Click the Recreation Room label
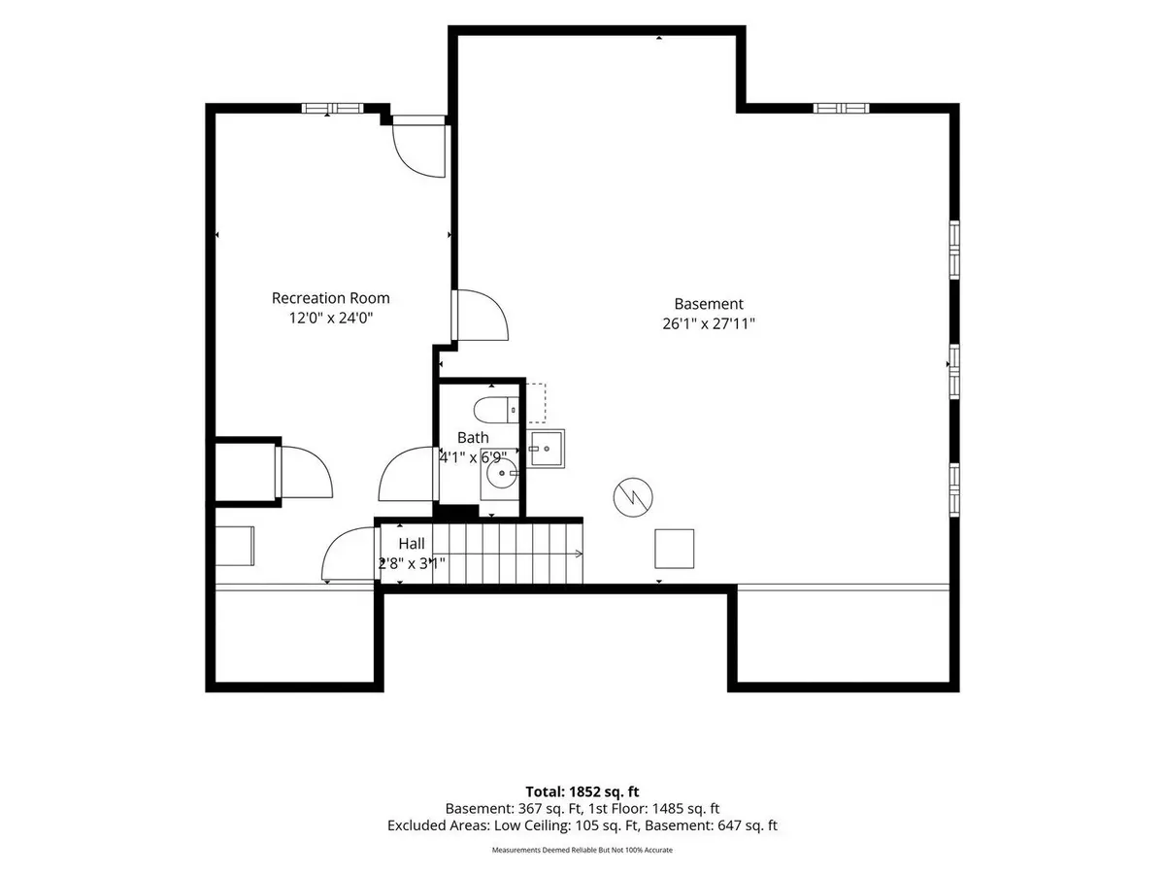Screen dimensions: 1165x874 pyautogui.click(x=331, y=298)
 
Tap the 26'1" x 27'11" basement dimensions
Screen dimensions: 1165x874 pyautogui.click(x=709, y=323)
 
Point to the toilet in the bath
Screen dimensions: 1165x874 pyautogui.click(x=496, y=410)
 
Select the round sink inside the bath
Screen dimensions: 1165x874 pyautogui.click(x=502, y=473)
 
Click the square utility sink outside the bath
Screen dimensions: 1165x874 pyautogui.click(x=546, y=449)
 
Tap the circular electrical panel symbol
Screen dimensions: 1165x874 pyautogui.click(x=633, y=497)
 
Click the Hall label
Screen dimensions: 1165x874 pyautogui.click(x=412, y=544)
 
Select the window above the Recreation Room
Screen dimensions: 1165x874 pyautogui.click(x=333, y=108)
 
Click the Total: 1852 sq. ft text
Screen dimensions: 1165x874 pyautogui.click(x=582, y=791)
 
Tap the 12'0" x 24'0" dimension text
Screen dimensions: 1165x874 pyautogui.click(x=331, y=318)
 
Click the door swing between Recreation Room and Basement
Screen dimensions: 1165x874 pyautogui.click(x=481, y=316)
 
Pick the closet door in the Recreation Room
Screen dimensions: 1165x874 pyautogui.click(x=304, y=472)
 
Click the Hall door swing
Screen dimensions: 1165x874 pyautogui.click(x=350, y=554)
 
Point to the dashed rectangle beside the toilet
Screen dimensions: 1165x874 pyautogui.click(x=536, y=403)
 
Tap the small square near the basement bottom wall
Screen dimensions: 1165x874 pyautogui.click(x=674, y=549)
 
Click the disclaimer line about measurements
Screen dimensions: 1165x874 pyautogui.click(x=582, y=850)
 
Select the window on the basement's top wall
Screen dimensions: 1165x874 pyautogui.click(x=842, y=108)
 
